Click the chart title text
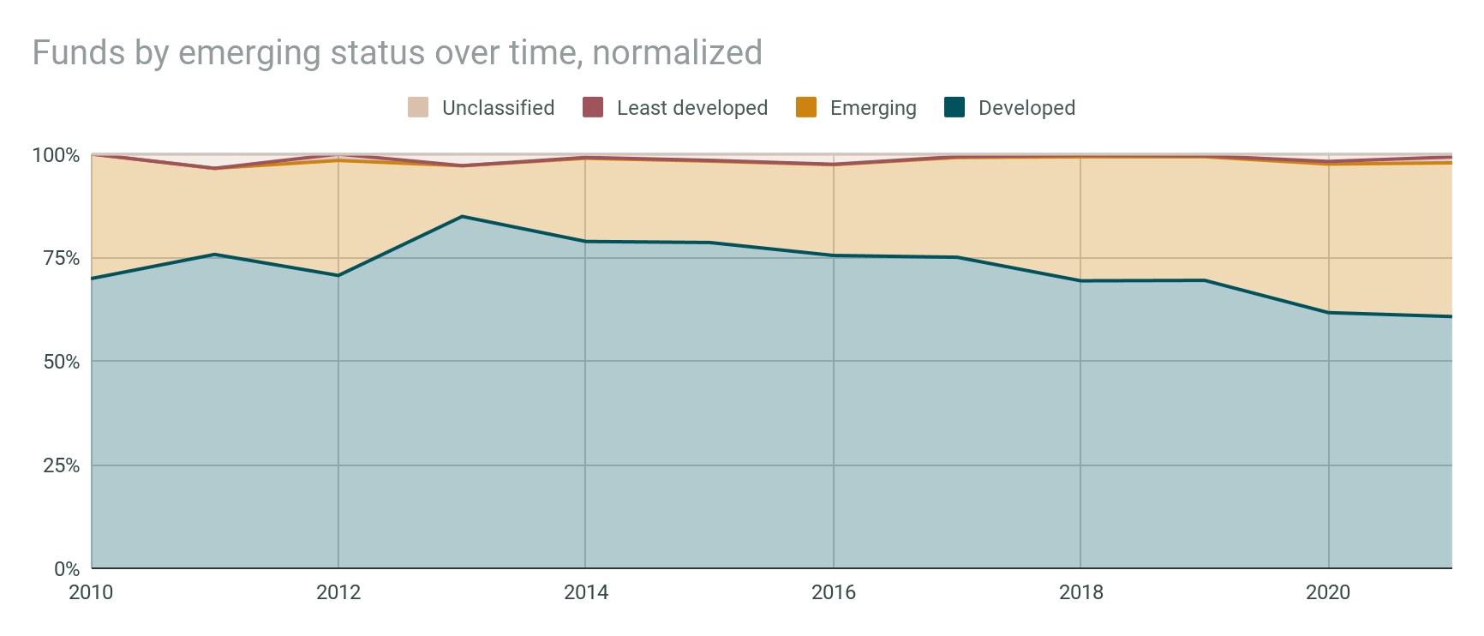[x=397, y=53]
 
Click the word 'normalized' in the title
[x=677, y=53]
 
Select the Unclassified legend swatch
[x=418, y=108]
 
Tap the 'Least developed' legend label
[x=691, y=108]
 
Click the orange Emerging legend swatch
[x=806, y=108]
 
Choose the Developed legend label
[x=1026, y=108]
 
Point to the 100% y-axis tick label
[x=56, y=155]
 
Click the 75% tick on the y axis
[x=61, y=258]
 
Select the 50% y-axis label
[x=61, y=362]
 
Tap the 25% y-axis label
[x=61, y=465]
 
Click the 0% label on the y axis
[x=66, y=569]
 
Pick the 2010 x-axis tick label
[x=91, y=592]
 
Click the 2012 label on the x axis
[x=338, y=592]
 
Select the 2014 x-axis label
[x=586, y=592]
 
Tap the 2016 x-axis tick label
[x=834, y=592]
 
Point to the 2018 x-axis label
[x=1081, y=592]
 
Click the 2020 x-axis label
[x=1328, y=592]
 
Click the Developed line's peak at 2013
[x=463, y=216]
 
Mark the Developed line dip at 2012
[x=338, y=275]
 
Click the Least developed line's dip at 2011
[x=215, y=168]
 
